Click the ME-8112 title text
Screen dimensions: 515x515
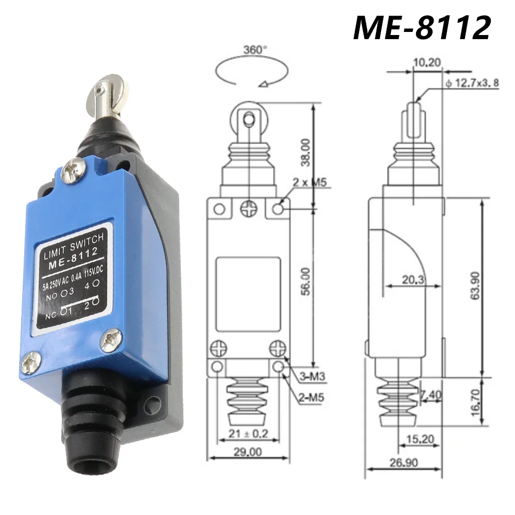point(421,27)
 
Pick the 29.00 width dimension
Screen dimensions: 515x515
point(248,452)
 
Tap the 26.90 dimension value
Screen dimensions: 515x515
point(403,462)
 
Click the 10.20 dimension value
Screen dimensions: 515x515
point(427,63)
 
